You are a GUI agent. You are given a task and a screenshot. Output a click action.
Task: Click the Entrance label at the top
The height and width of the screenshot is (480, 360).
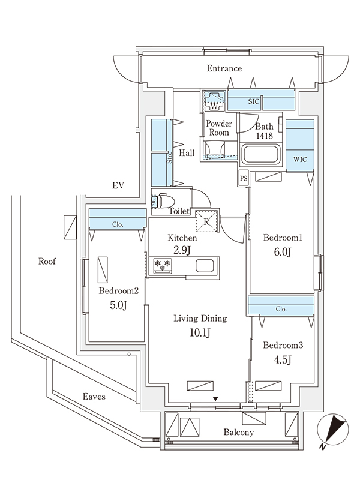point(224,68)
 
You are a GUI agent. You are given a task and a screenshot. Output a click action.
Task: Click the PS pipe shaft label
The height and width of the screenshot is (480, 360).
point(243,178)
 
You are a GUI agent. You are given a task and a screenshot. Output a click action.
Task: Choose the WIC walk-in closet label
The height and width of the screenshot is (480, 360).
point(299,160)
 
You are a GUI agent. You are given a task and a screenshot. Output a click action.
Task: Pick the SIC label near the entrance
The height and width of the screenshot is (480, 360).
point(253,102)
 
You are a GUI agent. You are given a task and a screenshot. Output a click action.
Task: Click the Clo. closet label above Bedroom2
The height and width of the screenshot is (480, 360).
point(118,224)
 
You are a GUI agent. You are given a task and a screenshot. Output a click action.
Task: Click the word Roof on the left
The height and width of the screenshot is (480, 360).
point(47,261)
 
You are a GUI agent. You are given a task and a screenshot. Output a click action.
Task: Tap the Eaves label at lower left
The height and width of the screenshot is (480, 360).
point(94,397)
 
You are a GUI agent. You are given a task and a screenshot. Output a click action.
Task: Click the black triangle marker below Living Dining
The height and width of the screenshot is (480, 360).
point(216,398)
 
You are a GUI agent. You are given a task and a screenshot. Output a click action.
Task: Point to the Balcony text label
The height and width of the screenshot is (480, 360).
point(239,432)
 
